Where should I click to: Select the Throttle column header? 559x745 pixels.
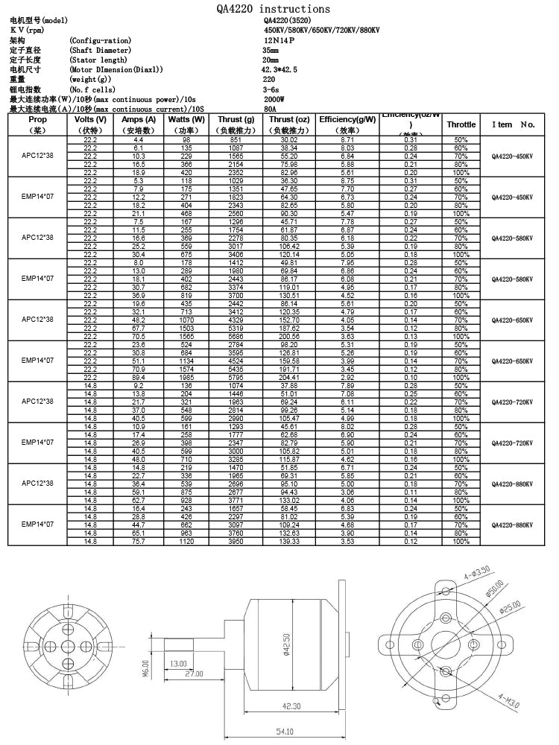point(461,124)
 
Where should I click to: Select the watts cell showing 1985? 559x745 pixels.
point(186,378)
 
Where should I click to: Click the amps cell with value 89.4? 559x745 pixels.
point(138,378)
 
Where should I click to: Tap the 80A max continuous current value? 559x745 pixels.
point(269,108)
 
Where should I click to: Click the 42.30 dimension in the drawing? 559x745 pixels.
point(291,706)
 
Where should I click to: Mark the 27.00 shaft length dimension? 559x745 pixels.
point(194,673)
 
